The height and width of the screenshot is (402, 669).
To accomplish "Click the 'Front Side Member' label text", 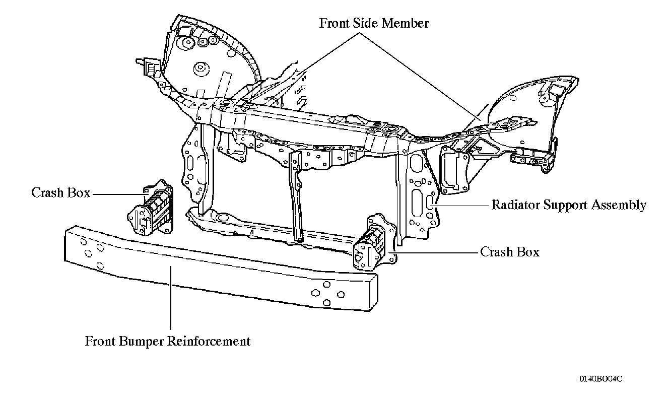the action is (374, 23).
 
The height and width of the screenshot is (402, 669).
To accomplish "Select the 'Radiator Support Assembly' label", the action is (569, 205).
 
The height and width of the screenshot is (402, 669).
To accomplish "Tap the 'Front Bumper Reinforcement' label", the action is (168, 342).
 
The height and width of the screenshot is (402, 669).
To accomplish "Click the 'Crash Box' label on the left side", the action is (60, 192).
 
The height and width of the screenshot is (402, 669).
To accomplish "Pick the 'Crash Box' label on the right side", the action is (510, 252).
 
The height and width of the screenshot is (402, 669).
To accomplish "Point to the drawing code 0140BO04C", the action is (601, 379).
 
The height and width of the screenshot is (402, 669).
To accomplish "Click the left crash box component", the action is (151, 208).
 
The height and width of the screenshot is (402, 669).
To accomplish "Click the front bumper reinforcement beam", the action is (221, 268).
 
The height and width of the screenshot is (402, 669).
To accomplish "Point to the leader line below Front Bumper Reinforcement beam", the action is (171, 298).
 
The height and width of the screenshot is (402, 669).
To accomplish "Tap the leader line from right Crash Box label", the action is (433, 253).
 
